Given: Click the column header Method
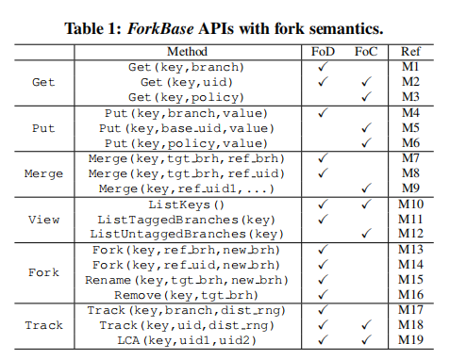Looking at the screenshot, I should [186, 52].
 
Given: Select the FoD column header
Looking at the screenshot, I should [324, 52].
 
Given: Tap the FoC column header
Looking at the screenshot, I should [367, 52].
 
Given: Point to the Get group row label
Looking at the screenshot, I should [44, 82].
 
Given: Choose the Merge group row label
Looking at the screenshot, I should [44, 173].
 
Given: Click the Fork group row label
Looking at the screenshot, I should [44, 271].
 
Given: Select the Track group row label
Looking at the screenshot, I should [44, 325].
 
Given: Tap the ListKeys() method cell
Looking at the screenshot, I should [186, 204].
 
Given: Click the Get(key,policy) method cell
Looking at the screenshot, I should [186, 96].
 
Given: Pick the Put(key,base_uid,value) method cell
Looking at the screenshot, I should [186, 127].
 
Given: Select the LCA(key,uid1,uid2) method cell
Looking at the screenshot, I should [186, 340].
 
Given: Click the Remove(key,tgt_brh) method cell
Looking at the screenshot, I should [186, 295].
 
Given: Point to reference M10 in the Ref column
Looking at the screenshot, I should [410, 204].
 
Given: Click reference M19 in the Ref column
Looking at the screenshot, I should [410, 340].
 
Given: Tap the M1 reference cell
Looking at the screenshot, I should [410, 66].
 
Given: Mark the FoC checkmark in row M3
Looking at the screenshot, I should [367, 96].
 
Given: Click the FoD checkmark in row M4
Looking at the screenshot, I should [324, 112].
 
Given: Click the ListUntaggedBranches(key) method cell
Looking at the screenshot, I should [186, 234].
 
